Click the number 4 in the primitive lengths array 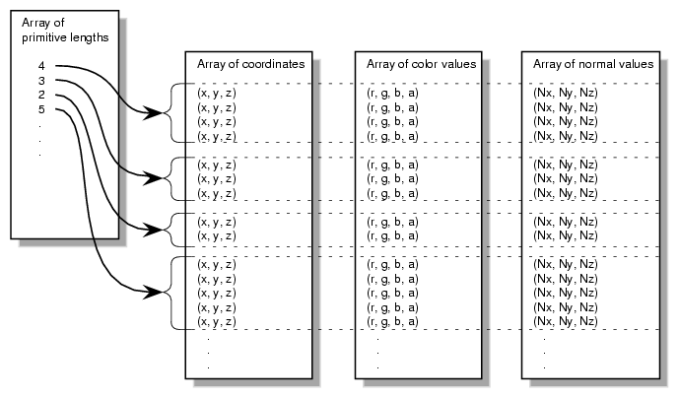41,66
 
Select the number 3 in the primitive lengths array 41,80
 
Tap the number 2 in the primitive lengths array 41,94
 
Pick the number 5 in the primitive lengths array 41,108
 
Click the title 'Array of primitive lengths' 66,31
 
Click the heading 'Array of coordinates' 250,64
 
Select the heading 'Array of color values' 421,64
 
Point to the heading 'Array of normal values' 592,64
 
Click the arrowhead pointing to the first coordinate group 154,114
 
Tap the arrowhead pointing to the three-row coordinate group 154,178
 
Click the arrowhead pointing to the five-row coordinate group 154,293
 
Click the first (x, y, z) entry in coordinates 217,93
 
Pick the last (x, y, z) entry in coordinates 217,322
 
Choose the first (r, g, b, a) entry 392,93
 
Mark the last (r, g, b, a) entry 392,322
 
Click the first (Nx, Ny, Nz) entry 565,93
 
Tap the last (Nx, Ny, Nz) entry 565,322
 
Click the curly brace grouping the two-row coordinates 176,229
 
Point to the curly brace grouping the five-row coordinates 176,293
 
